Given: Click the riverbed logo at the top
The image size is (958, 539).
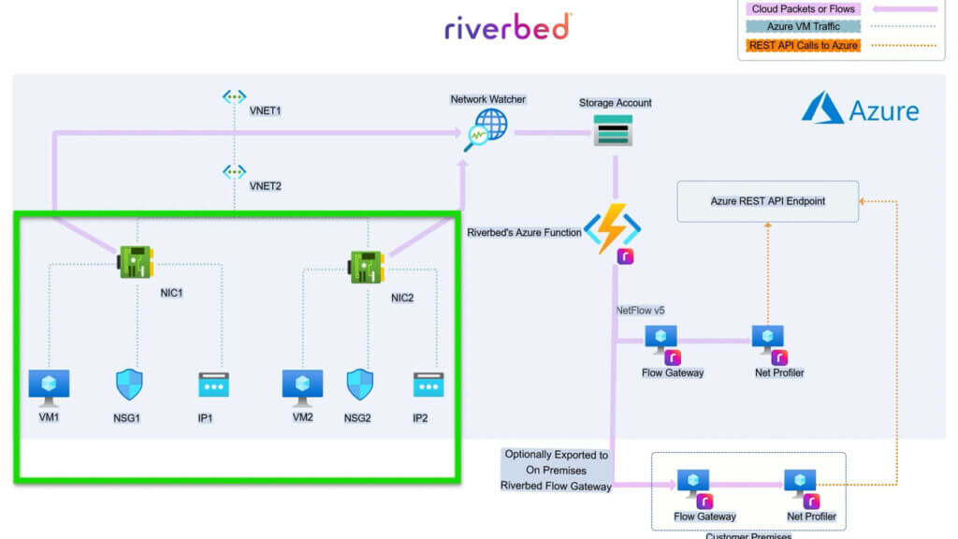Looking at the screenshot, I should pos(507,28).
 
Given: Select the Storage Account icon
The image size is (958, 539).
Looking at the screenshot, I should pos(614,130).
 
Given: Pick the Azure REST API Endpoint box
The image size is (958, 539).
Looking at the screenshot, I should pos(767,201).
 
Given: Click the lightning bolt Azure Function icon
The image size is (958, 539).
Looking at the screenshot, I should pos(613,229).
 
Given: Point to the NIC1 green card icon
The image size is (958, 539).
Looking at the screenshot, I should pos(137,261).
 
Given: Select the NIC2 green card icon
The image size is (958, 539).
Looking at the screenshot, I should pos(368,267).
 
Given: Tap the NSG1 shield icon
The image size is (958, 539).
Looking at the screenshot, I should pos(129,385).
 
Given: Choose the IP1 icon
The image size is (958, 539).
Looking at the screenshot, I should pos(213,385).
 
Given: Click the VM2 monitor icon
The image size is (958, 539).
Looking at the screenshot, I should pos(302,385).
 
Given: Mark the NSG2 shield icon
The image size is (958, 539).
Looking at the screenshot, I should pos(360,385).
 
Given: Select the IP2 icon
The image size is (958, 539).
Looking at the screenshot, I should pos(428,384).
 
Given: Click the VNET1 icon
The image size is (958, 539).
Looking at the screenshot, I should pos(234,97).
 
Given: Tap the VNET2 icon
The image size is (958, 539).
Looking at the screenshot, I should pos(234,172).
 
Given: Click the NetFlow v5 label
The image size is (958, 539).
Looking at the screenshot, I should pos(640,309).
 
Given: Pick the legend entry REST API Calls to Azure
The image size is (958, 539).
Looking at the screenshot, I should pos(803,45).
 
